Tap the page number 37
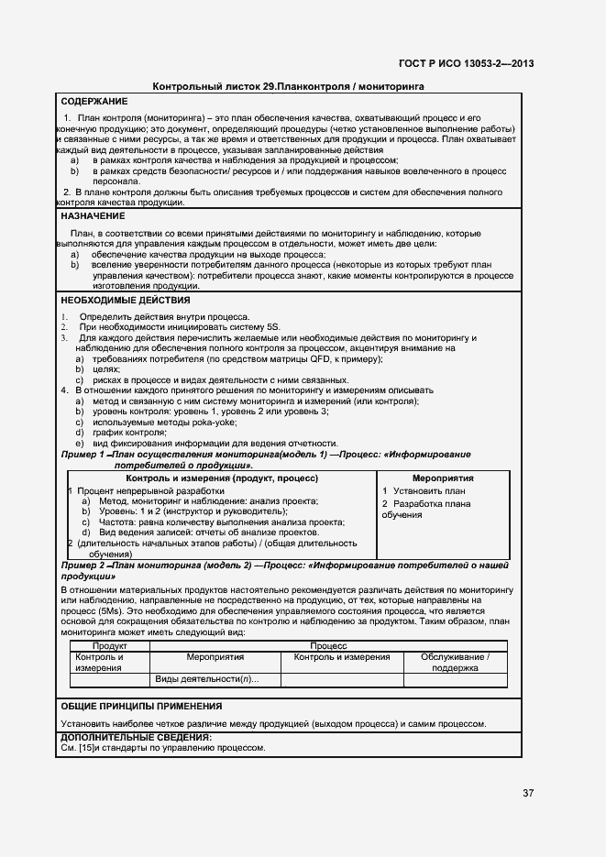point(528,793)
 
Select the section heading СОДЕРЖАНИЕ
point(94,101)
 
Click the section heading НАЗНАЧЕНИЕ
point(92,215)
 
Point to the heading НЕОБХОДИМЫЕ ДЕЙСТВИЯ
point(125,300)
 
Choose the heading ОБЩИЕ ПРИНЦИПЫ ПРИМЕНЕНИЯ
point(141,706)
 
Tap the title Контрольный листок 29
point(208,85)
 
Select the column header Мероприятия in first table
point(443,478)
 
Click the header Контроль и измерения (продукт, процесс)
point(222,478)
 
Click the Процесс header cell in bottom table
point(327,646)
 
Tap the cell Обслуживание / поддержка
point(455,663)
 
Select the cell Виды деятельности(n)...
point(207,679)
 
